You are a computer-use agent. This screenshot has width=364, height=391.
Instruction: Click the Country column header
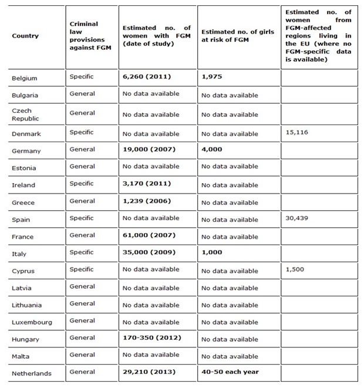click(25, 36)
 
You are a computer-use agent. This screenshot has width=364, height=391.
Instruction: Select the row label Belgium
click(24, 78)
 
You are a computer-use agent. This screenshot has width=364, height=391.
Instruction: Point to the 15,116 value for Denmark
click(296, 132)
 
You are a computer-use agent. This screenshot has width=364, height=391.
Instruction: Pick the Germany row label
click(26, 151)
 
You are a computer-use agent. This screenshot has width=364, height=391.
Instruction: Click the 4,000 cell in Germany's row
click(211, 149)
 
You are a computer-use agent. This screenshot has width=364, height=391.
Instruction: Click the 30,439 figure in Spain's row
click(296, 218)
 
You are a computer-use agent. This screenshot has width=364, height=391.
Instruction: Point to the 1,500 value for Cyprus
click(294, 269)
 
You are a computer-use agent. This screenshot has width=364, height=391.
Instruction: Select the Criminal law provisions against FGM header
click(84, 36)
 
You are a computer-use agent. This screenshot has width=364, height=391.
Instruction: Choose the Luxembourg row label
click(32, 322)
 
